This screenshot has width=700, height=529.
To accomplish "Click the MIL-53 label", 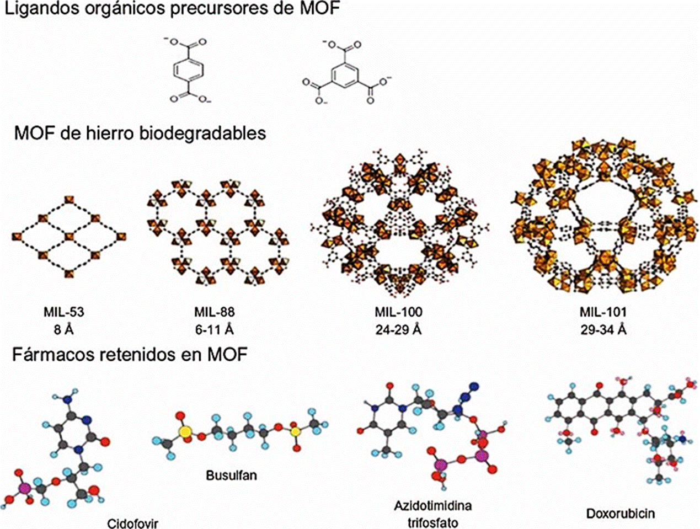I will (64, 313).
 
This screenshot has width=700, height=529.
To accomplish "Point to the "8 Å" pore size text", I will (64, 330).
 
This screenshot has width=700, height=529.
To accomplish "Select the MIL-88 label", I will (214, 313).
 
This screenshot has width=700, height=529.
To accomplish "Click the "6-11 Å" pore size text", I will (214, 330).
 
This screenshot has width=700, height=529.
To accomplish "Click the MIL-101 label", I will (603, 313).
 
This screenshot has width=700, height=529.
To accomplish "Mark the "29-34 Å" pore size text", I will (603, 330).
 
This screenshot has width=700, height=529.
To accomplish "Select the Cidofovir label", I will (132, 522).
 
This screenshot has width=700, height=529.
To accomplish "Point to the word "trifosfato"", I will (433, 521).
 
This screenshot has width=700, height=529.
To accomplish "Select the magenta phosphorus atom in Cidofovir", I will (23, 488).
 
